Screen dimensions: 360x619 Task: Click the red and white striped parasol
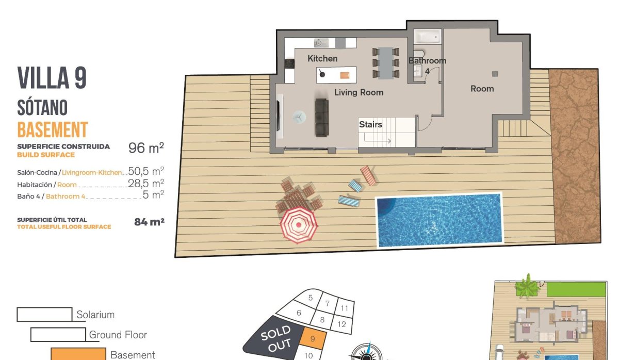[x=298, y=225]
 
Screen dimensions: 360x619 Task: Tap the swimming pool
[x=439, y=220]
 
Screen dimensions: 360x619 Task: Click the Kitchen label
[x=322, y=59]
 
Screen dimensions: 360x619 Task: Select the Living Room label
[x=359, y=92]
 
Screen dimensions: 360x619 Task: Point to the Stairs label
[x=370, y=124]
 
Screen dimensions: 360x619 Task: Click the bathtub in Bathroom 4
[x=428, y=37]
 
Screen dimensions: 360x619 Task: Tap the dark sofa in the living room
[x=322, y=118]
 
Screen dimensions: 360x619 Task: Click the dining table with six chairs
[x=385, y=63]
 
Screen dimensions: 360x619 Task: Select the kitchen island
[x=336, y=75]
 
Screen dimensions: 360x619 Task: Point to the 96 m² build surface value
[x=146, y=148]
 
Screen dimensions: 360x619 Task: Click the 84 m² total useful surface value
[x=149, y=222]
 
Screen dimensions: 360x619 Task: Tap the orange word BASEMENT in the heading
[x=52, y=129]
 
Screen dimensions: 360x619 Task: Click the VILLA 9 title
[x=52, y=78]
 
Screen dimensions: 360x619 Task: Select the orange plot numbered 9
[x=314, y=339]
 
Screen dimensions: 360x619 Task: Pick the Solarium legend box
[x=44, y=314]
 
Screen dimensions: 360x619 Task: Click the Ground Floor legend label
[x=118, y=335]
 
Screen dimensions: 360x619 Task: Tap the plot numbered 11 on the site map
[x=345, y=308]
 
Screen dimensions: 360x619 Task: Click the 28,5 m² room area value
[x=146, y=184]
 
